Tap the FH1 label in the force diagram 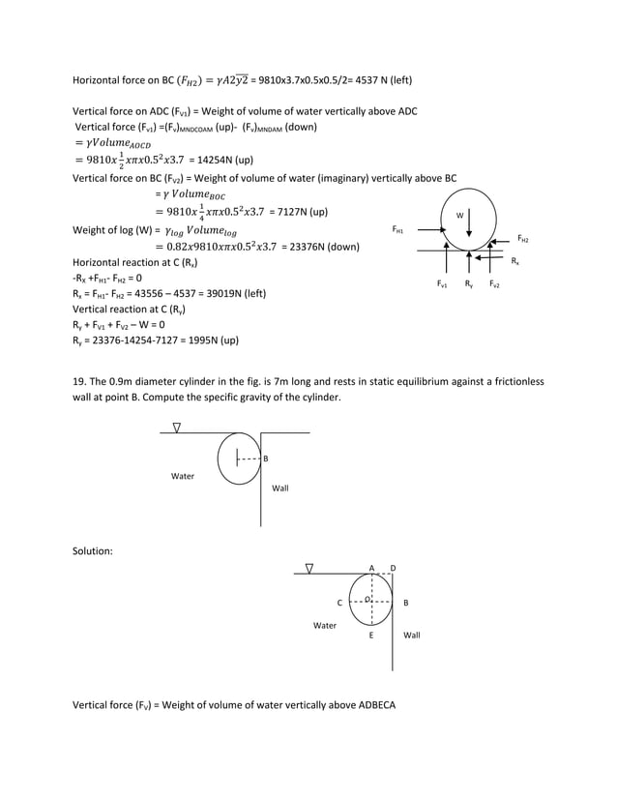[x=397, y=230]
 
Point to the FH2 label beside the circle [x=523, y=238]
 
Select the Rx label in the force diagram [x=514, y=261]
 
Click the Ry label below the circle [x=469, y=284]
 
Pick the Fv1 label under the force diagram [x=443, y=284]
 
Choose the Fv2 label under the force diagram [x=494, y=284]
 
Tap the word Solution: [x=93, y=550]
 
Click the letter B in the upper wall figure [x=266, y=459]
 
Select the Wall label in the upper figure [x=279, y=488]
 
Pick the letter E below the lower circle [x=371, y=636]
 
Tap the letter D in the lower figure [x=393, y=567]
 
